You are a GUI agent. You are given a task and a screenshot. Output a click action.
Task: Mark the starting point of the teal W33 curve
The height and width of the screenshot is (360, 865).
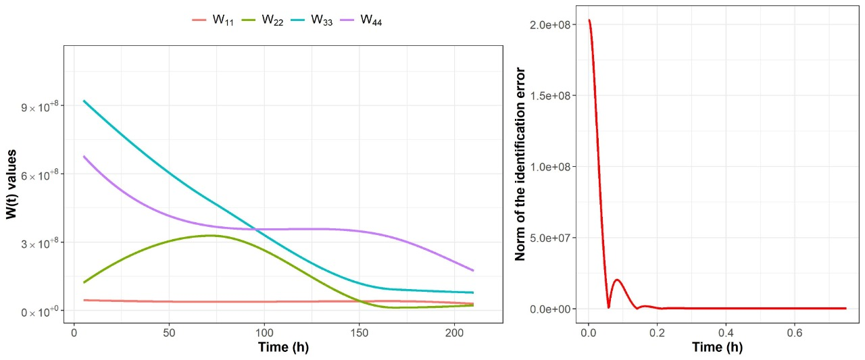83,101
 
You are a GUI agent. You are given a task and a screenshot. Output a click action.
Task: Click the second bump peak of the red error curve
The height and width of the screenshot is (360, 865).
616,280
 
